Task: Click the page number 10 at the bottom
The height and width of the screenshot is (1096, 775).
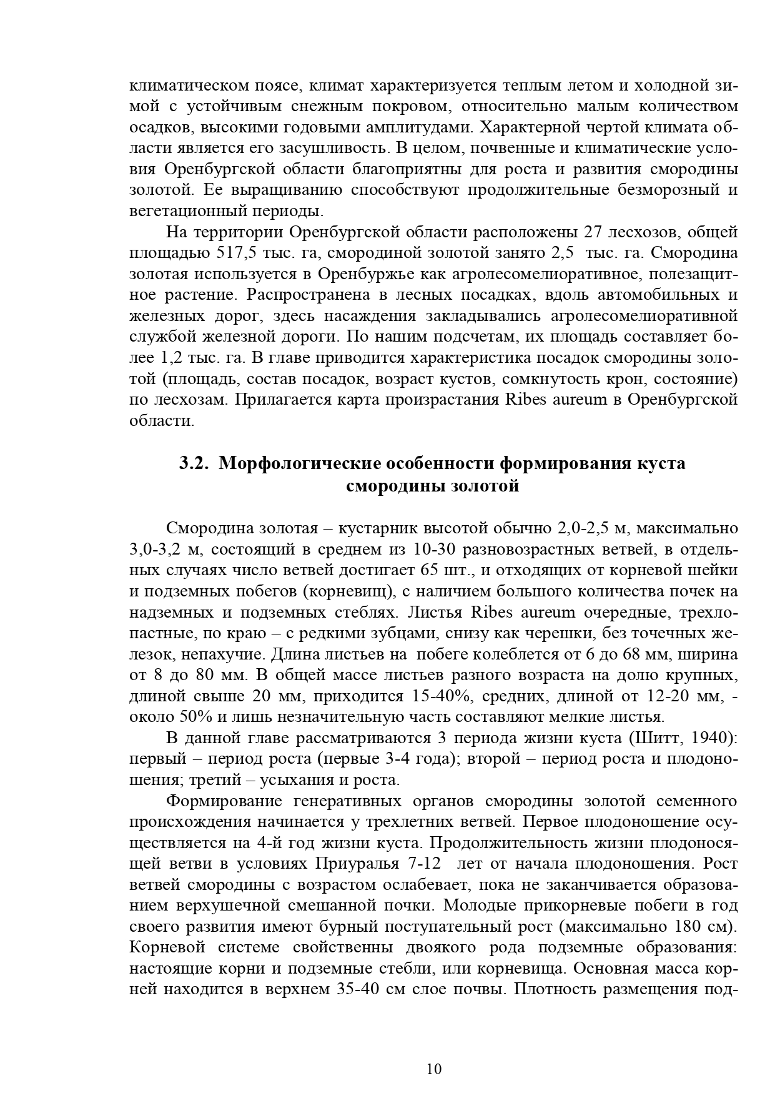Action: (x=434, y=1069)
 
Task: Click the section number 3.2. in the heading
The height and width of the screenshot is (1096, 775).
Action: (x=194, y=463)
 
